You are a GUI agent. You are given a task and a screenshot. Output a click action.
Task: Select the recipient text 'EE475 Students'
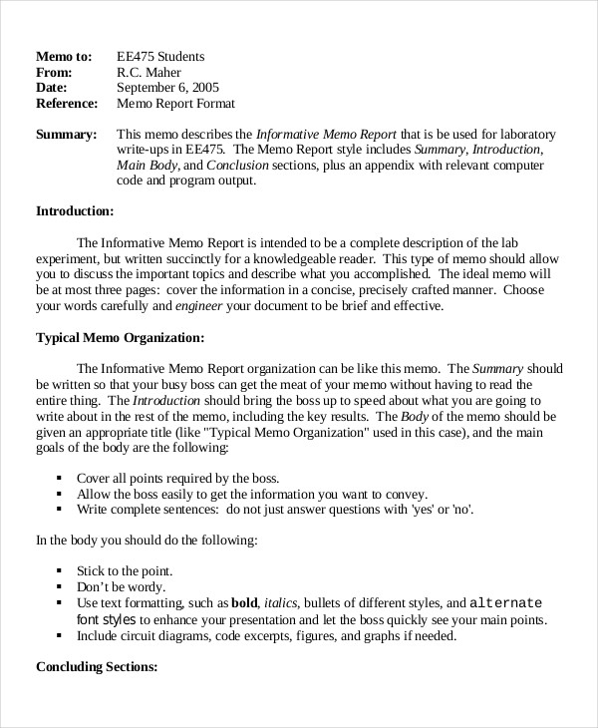(x=160, y=56)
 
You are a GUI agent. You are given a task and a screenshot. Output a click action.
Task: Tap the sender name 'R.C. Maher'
(x=149, y=72)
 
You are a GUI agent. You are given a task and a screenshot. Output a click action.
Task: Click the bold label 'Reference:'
(x=67, y=104)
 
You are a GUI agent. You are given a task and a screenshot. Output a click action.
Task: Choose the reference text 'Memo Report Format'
(x=175, y=104)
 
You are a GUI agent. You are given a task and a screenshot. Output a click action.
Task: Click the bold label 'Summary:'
(x=66, y=135)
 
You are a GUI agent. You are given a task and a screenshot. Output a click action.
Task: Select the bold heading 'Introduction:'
(x=75, y=211)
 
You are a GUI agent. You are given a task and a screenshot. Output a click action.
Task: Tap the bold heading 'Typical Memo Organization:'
(x=120, y=337)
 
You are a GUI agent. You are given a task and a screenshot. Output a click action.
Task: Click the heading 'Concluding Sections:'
(x=97, y=667)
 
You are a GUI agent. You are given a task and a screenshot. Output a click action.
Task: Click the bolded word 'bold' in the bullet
(x=244, y=603)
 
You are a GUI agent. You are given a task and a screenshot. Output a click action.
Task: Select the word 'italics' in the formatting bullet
(x=281, y=603)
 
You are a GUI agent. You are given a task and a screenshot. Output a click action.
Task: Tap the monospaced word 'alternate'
(x=505, y=603)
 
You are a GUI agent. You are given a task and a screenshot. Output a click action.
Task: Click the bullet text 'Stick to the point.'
(x=125, y=571)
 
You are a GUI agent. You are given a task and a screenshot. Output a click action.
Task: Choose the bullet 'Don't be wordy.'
(x=121, y=587)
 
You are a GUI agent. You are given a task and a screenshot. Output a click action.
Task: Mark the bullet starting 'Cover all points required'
(x=177, y=478)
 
